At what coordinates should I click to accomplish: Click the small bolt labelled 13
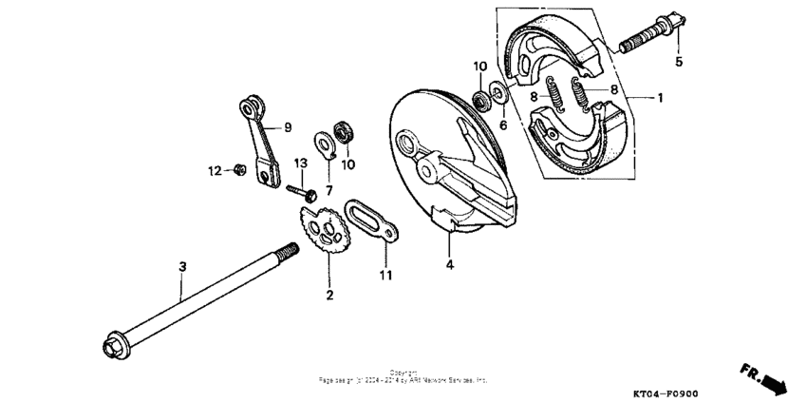coord(296,188)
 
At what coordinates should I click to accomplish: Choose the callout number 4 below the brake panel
coord(450,266)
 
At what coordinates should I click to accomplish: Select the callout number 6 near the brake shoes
coord(503,125)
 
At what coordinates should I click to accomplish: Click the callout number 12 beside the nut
coord(216,170)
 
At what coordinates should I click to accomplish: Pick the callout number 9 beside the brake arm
coord(288,126)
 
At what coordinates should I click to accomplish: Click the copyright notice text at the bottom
coord(403,376)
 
